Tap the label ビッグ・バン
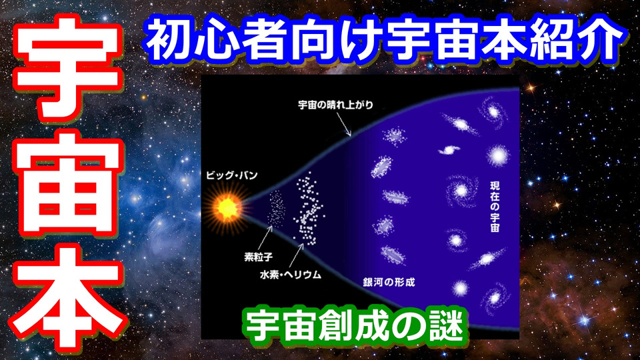tap(232, 175)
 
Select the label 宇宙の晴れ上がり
tap(335, 105)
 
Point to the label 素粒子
tap(258, 257)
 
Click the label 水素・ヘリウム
tap(291, 275)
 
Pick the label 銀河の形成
tap(389, 282)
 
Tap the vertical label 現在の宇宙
tap(495, 207)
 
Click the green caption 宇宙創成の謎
tap(354, 325)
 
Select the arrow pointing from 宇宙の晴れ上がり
tap(343, 124)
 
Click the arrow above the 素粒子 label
tap(265, 239)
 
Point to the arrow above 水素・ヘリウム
tap(296, 255)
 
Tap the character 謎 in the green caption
tap(446, 325)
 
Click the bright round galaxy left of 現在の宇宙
tap(461, 190)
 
